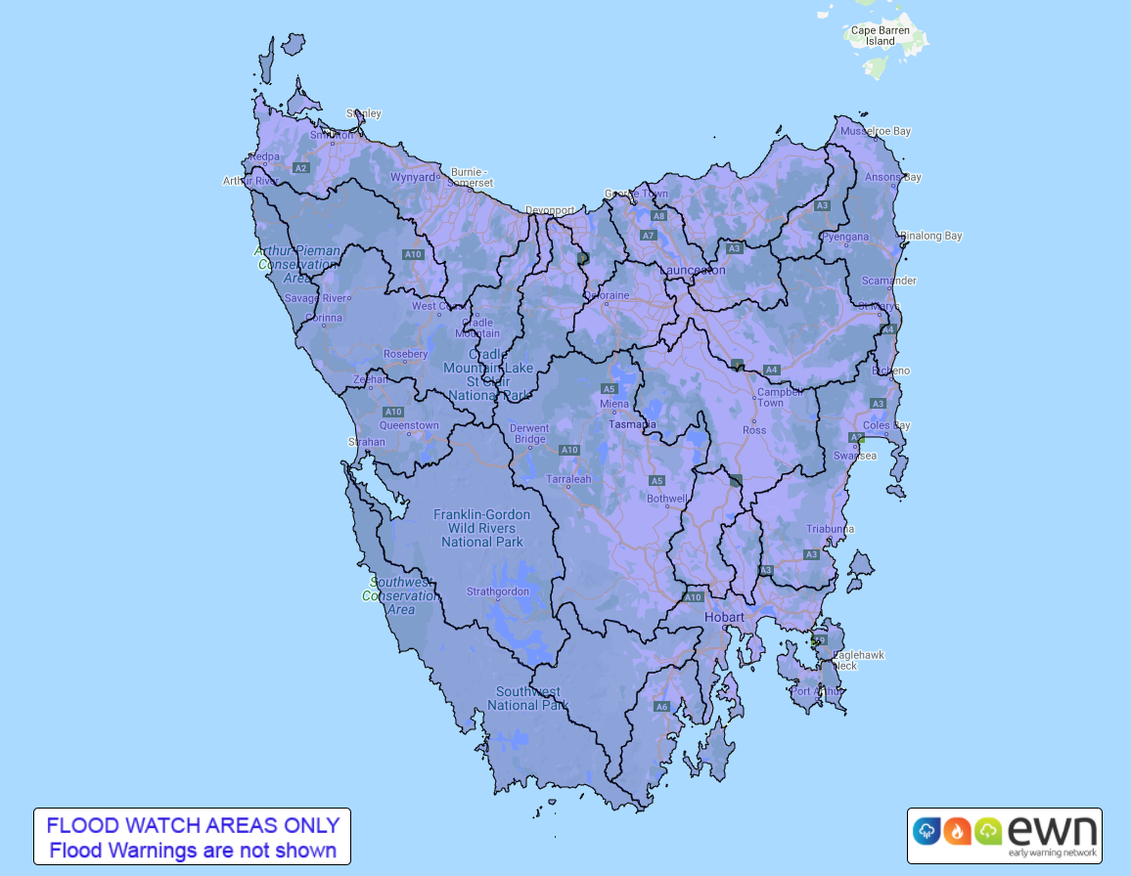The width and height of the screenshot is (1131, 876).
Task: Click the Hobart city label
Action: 725,617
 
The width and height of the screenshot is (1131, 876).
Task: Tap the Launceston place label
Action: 693,270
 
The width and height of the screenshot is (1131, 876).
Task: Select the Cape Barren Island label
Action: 880,36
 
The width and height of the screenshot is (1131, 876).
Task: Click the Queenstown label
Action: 409,425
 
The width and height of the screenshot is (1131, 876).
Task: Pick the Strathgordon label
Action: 497,591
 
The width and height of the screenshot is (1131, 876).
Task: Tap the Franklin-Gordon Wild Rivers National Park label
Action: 482,528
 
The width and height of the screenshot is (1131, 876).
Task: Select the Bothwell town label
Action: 668,499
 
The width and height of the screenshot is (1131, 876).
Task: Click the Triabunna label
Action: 830,529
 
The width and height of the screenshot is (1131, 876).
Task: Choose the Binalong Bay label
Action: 931,236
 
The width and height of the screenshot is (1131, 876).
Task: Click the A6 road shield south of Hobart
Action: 661,706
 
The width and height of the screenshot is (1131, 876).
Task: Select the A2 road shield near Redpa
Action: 301,168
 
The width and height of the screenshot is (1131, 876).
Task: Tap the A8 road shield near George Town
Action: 659,215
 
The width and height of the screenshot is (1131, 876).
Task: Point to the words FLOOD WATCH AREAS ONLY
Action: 193,825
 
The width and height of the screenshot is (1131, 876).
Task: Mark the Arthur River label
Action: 251,181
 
